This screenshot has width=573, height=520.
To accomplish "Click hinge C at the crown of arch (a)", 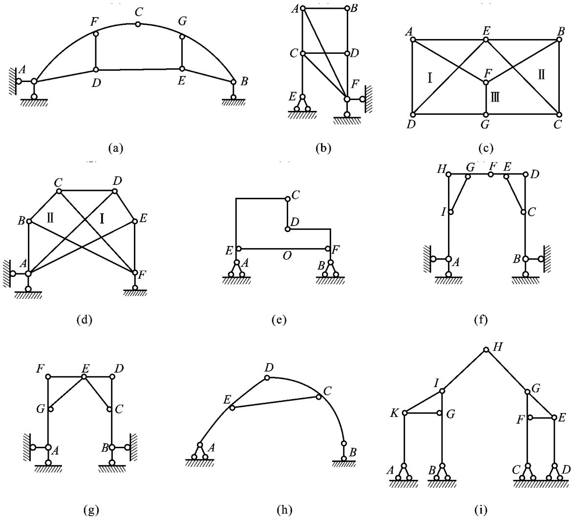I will point(138,24).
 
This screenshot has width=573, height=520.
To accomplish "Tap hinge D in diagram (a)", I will point(96,70).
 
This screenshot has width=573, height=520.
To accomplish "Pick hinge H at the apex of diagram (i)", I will point(486,350).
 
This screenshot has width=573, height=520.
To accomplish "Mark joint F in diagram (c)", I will point(487,82).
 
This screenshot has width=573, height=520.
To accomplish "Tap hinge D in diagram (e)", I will point(287,228).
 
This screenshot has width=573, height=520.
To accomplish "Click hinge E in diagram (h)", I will point(232,408).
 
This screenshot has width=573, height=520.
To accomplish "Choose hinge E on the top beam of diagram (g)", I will point(85,376).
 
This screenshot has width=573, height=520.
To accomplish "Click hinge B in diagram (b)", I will point(347,8).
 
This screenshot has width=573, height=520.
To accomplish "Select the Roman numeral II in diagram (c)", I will point(541,75).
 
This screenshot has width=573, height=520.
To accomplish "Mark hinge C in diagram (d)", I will point(59,191).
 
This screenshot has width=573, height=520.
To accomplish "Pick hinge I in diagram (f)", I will point(451,212).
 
